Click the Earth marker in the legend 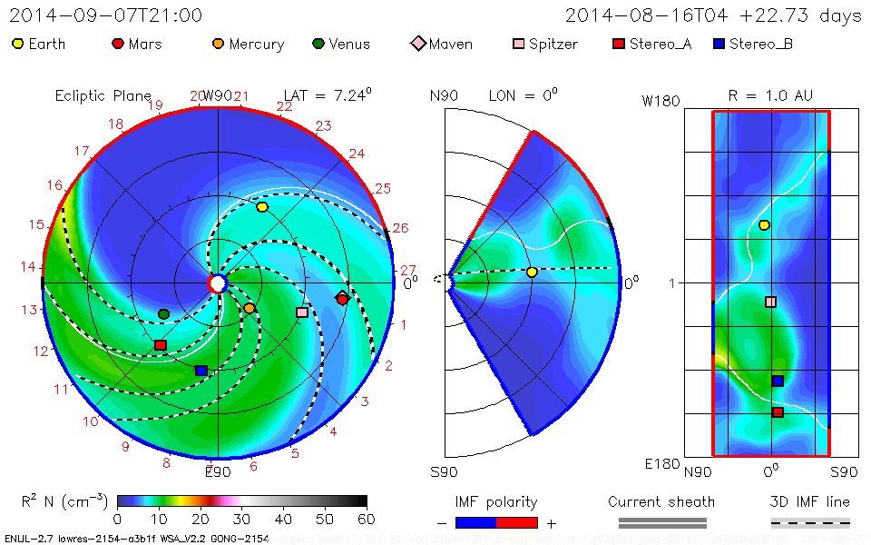coord(18,44)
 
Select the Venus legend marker coord(318,44)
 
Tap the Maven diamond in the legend coord(418,44)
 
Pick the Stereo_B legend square coord(719,44)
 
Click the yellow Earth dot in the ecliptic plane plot coord(262,207)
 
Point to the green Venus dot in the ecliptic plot coord(163,314)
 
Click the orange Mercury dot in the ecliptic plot coord(250,309)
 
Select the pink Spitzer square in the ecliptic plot coord(302,312)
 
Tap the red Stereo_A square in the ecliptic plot coord(161,345)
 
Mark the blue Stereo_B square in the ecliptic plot coord(201,371)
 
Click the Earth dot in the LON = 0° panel coord(532,272)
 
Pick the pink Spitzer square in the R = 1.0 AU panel coord(770,302)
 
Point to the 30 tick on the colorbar coord(241,519)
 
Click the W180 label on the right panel coord(661,101)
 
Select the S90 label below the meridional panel coord(444,471)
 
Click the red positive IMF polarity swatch coord(517,522)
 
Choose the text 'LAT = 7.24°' coord(328,94)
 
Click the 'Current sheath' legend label coord(661,501)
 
